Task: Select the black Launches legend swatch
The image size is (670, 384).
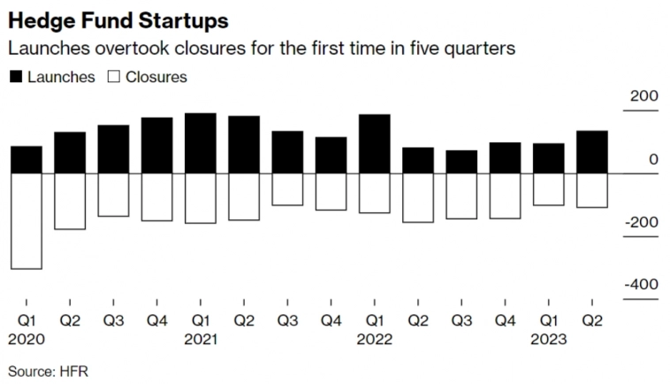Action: click(15, 77)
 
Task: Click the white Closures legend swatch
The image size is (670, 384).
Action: click(113, 77)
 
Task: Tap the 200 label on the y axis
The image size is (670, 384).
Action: click(643, 97)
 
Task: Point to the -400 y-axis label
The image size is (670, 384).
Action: click(640, 285)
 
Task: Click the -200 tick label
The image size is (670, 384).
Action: click(640, 222)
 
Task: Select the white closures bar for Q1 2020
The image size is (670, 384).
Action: click(27, 220)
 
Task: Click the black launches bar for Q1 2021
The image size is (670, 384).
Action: click(200, 143)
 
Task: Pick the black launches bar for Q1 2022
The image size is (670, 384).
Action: click(373, 143)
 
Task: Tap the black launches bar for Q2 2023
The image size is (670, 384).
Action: click(590, 152)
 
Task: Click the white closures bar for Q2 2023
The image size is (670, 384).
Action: click(590, 190)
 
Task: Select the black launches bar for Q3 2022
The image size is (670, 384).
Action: click(461, 162)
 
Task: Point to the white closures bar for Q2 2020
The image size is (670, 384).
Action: click(70, 201)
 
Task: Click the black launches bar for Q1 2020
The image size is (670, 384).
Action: click(27, 159)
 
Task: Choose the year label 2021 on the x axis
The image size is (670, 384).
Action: click(200, 338)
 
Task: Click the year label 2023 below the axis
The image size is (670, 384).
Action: click(547, 338)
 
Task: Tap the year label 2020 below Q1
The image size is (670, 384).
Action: click(27, 338)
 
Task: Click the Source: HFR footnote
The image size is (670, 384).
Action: click(49, 370)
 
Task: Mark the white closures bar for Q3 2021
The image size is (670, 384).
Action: click(286, 189)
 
